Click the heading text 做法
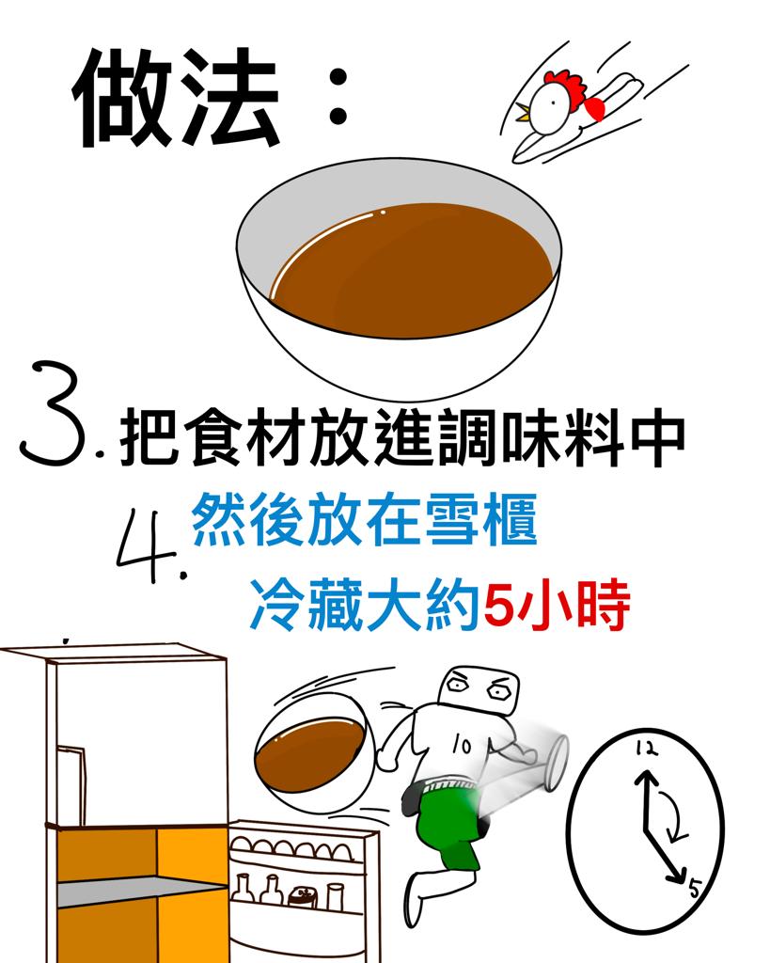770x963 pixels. pyautogui.click(x=177, y=98)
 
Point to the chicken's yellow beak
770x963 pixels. pyautogui.click(x=523, y=113)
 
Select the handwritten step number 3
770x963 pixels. pyautogui.click(x=54, y=413)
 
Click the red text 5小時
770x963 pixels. pyautogui.click(x=557, y=606)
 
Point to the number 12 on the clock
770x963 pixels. pyautogui.click(x=647, y=748)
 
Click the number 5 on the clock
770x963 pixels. pyautogui.click(x=695, y=888)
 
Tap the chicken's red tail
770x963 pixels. pyautogui.click(x=595, y=108)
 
